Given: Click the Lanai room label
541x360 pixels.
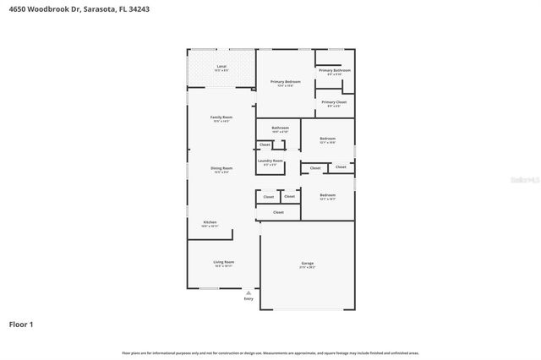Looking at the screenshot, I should pos(221,66).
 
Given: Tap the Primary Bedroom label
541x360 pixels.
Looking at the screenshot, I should pos(286,82).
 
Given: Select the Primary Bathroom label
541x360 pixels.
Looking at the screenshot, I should pos(335,70).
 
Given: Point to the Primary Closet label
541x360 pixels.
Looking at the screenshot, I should pos(335,102).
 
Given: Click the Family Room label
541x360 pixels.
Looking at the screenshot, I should pos(221,117).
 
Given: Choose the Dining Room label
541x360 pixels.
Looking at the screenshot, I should pos(221,169).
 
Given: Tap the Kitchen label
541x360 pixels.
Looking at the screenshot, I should pos(210,222).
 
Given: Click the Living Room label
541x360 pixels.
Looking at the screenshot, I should pos(223,263).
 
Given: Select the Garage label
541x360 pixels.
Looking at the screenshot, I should pos(307,264).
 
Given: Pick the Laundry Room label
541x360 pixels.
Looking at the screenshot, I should pos(270,161).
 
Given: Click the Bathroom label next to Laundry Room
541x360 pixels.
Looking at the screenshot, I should pos(280,128).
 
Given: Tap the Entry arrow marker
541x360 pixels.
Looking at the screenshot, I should pos(249,292).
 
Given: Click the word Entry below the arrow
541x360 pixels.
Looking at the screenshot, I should pos(249,298).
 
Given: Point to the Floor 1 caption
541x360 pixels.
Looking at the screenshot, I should pos(21,324).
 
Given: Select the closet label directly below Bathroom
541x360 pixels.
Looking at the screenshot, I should pos(265,145).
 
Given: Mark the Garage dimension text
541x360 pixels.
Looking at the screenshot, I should pos(307,268).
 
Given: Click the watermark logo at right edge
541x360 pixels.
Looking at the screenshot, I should pos(529,180).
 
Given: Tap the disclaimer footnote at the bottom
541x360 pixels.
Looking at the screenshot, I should pos(270,353).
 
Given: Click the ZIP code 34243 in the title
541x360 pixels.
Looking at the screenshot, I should pos(139,8).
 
